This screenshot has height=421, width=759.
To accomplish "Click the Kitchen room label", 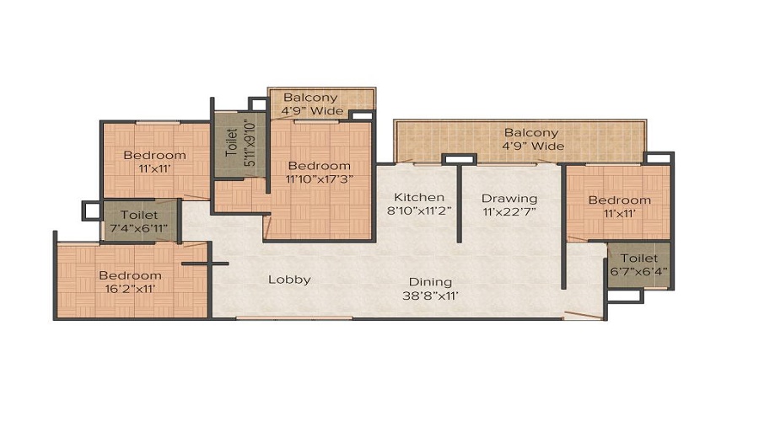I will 419,198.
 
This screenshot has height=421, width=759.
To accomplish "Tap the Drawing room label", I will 509,199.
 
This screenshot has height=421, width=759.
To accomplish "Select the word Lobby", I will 289,280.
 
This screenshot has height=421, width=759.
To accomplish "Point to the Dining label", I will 431,282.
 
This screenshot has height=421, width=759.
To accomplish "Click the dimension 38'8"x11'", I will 431,296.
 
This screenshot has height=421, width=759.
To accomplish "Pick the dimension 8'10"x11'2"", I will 419,212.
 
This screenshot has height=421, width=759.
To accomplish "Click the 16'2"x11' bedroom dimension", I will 131,289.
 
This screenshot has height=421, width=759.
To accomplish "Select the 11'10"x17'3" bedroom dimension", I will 318,179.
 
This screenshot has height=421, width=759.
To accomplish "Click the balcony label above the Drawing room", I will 531,133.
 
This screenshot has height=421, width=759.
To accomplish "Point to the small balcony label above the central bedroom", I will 310,98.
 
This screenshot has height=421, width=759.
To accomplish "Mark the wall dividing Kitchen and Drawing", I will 458,202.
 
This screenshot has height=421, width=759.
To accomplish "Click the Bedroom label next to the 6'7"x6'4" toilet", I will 619,200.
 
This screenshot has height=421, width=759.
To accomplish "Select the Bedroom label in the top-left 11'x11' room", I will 154,155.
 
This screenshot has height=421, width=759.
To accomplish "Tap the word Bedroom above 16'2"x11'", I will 130,275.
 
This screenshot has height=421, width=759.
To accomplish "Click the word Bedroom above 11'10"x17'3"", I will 318,166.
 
